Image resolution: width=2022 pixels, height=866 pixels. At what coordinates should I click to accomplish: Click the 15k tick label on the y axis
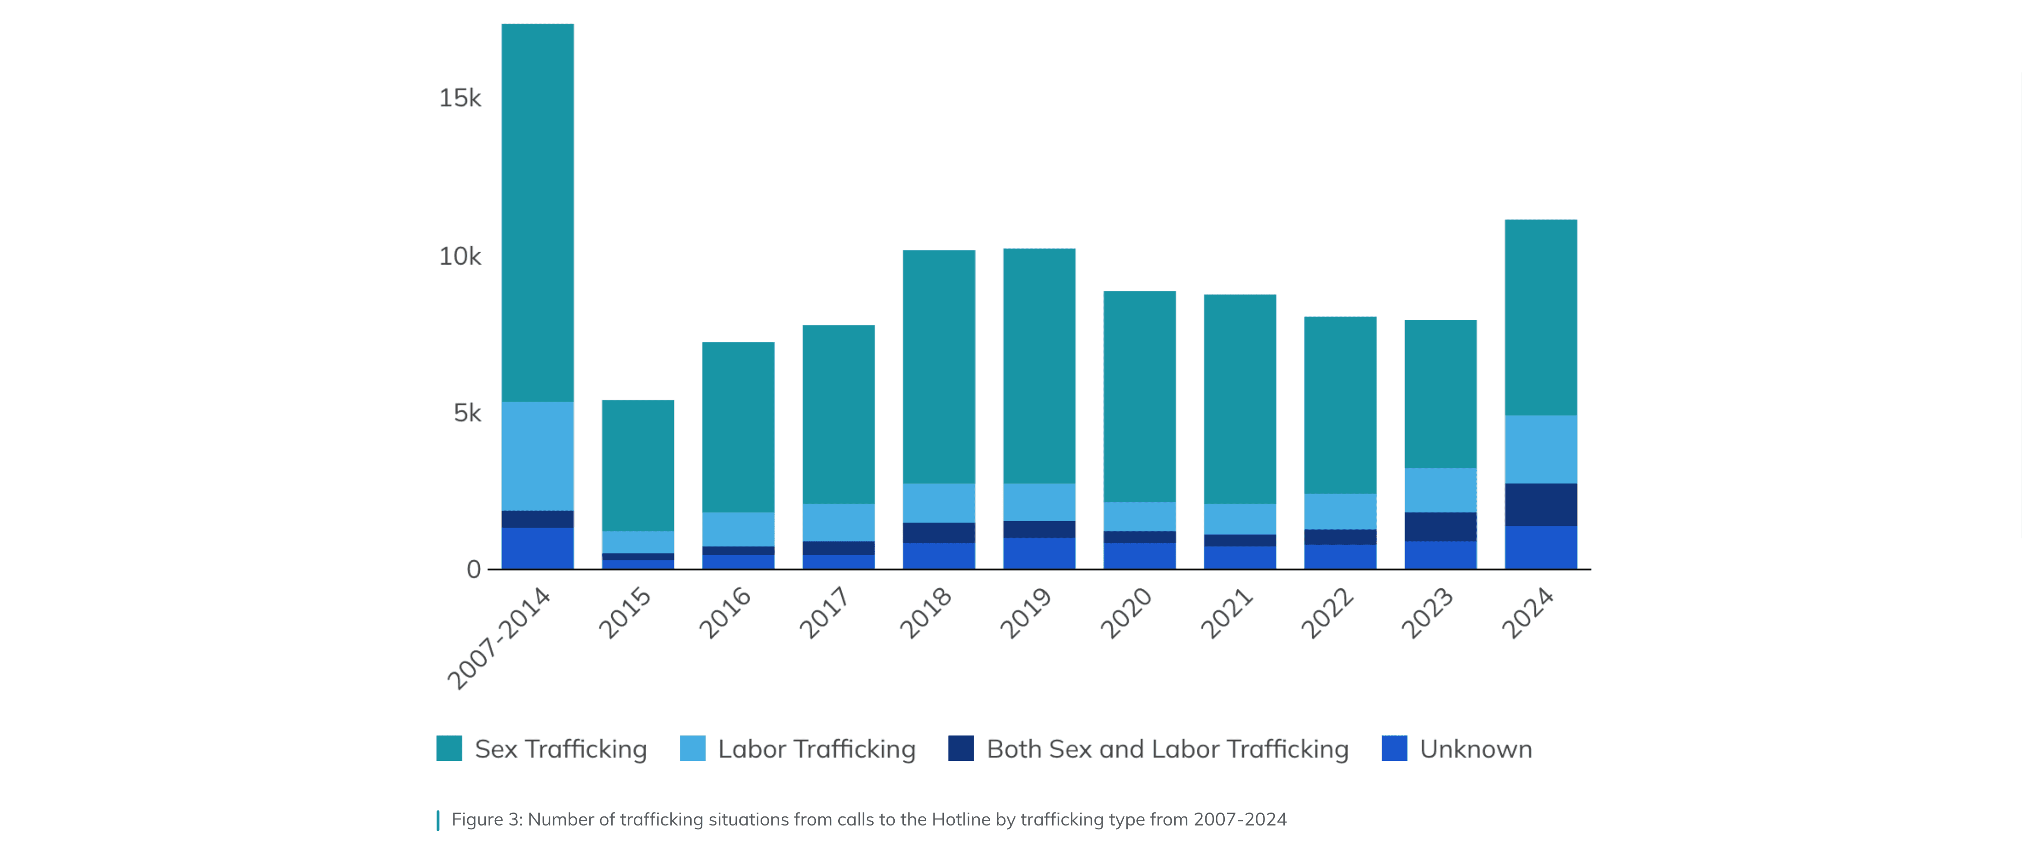click(x=459, y=98)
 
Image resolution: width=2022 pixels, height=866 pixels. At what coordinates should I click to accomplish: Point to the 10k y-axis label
click(x=459, y=256)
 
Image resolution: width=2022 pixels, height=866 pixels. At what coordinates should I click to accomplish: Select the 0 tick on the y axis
click(x=473, y=569)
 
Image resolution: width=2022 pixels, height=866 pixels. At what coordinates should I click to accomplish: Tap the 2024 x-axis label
click(x=1528, y=613)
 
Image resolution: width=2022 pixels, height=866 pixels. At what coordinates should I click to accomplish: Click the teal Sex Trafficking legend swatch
click(x=449, y=748)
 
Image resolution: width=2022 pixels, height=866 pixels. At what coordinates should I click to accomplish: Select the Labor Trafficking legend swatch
click(x=692, y=748)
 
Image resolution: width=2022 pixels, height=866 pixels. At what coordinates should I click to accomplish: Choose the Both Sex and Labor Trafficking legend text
click(x=1167, y=749)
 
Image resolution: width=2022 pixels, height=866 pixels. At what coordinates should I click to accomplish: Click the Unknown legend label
click(x=1476, y=749)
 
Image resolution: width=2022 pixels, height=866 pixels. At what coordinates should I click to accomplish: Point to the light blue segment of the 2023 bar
click(x=1440, y=490)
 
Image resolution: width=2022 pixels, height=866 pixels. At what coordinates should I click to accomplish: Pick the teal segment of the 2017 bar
click(x=838, y=414)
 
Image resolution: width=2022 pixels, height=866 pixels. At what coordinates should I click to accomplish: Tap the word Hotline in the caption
click(x=961, y=820)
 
